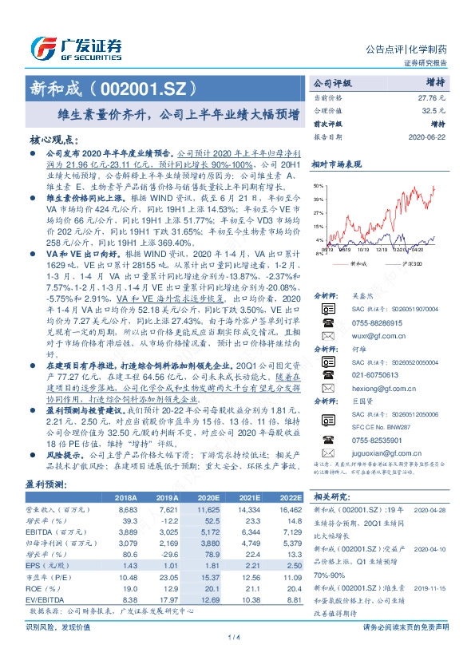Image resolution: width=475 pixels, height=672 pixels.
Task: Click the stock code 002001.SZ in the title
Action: [x=144, y=86]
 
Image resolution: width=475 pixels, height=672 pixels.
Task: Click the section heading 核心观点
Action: [x=53, y=138]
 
